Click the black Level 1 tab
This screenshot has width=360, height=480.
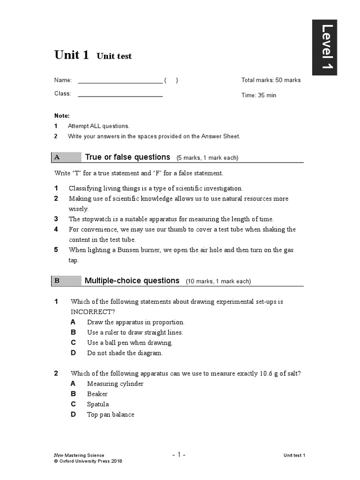[327, 47]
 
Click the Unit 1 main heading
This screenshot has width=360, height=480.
[71, 55]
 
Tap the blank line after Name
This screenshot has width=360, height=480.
[120, 81]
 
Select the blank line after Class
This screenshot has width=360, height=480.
[120, 94]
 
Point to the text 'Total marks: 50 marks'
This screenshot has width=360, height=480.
[271, 80]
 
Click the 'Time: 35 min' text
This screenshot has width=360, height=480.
[259, 95]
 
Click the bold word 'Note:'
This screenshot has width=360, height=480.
[62, 116]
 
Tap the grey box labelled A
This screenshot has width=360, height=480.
[66, 157]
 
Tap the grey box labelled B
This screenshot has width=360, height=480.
[66, 281]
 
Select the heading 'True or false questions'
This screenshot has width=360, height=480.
[127, 157]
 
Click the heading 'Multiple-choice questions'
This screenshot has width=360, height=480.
[132, 281]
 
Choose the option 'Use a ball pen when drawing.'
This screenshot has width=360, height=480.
[130, 343]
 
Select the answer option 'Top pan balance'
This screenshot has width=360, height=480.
[111, 415]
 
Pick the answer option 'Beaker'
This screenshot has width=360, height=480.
[97, 394]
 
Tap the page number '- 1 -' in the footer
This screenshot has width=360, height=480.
[179, 455]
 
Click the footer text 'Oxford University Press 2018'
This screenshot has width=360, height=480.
[90, 461]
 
